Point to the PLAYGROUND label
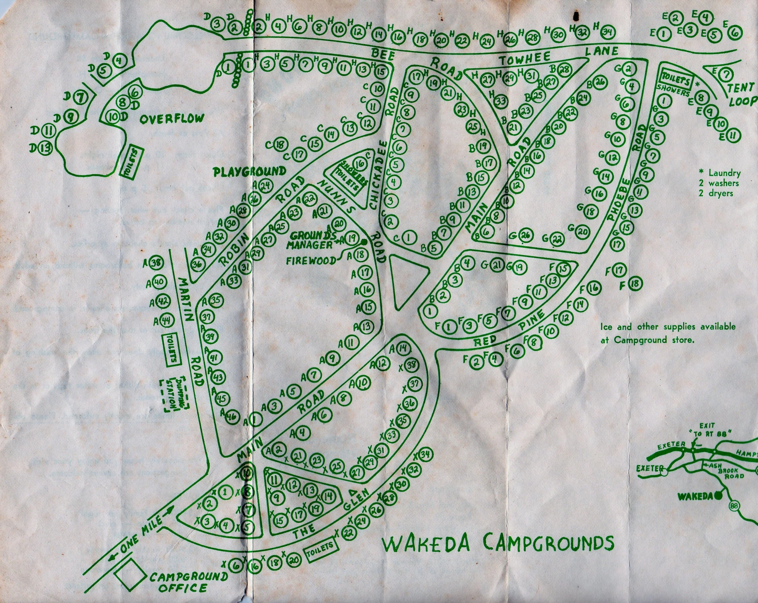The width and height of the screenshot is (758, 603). [250, 172]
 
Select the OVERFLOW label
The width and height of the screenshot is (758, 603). [171, 119]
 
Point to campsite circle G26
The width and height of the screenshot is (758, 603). [525, 236]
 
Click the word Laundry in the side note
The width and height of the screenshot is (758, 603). [724, 173]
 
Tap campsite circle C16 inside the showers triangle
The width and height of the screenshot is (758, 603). [359, 164]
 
